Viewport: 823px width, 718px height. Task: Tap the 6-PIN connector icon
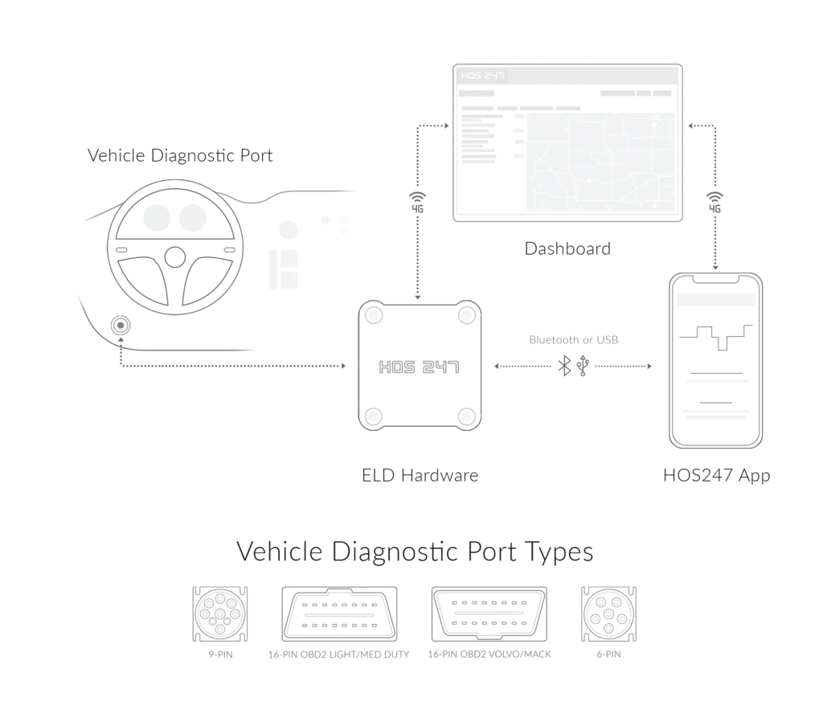click(x=608, y=615)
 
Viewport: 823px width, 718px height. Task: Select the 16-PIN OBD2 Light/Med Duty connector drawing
click(x=339, y=615)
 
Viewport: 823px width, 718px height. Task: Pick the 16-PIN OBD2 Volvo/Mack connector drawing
click(x=489, y=615)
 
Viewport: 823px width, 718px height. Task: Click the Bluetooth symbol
click(x=565, y=366)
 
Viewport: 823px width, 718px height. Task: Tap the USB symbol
click(x=583, y=366)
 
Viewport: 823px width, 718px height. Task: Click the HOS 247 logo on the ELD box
click(x=419, y=367)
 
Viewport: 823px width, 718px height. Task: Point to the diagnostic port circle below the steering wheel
click(x=121, y=326)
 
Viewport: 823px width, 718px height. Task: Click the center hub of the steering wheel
click(x=175, y=256)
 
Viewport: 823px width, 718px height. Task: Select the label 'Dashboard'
click(x=567, y=248)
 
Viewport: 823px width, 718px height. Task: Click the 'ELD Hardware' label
click(x=420, y=475)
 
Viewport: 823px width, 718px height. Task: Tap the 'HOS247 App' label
click(x=717, y=475)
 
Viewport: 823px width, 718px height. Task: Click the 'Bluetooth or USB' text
click(x=574, y=340)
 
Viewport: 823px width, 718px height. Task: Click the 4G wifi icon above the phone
click(x=714, y=202)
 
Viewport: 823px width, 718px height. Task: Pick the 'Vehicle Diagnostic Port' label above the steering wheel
click(x=180, y=155)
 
